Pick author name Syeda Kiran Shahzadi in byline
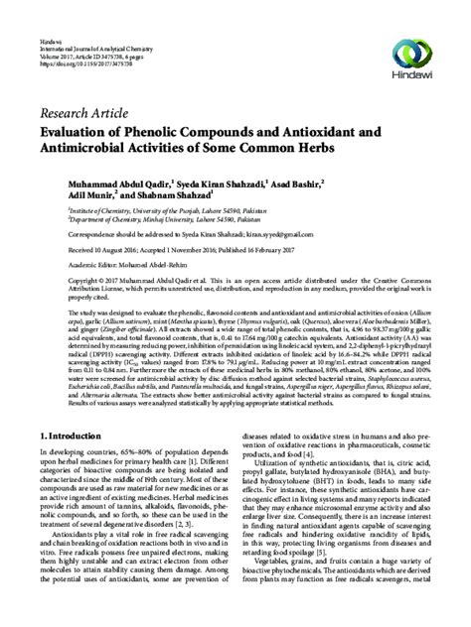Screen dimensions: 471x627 tap(234, 183)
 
